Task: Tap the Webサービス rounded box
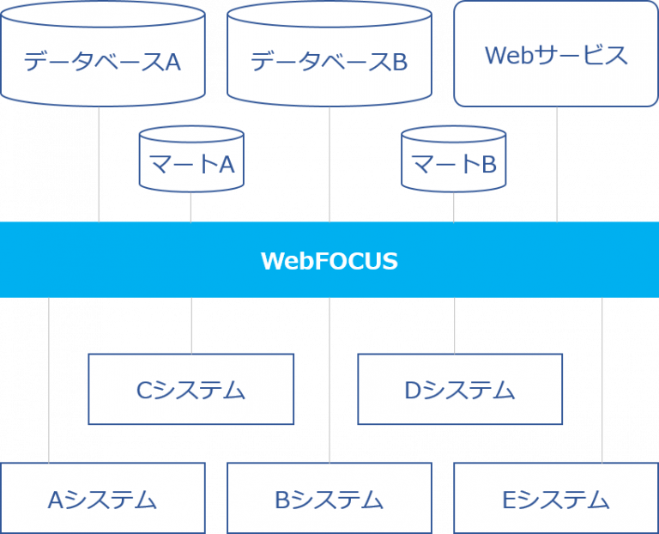[556, 53]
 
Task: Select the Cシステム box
[191, 389]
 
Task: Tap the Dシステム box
[460, 389]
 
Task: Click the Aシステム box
[103, 498]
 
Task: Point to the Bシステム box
[329, 498]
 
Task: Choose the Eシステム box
[556, 498]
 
